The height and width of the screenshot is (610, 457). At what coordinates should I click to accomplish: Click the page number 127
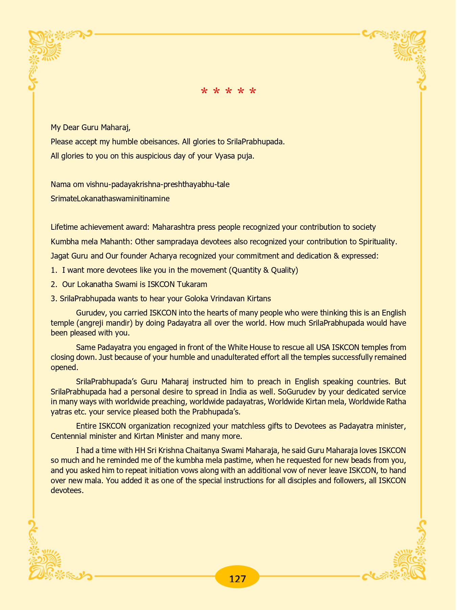(x=237, y=578)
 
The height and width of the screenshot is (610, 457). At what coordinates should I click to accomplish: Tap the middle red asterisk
(x=228, y=91)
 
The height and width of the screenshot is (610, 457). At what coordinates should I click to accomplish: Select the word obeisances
(x=157, y=142)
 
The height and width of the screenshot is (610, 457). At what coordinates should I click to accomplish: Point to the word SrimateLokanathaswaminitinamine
(x=110, y=199)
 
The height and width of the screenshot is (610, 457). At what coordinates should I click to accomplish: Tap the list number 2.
(x=53, y=284)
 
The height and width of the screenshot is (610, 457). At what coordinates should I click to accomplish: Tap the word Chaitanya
(x=196, y=451)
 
